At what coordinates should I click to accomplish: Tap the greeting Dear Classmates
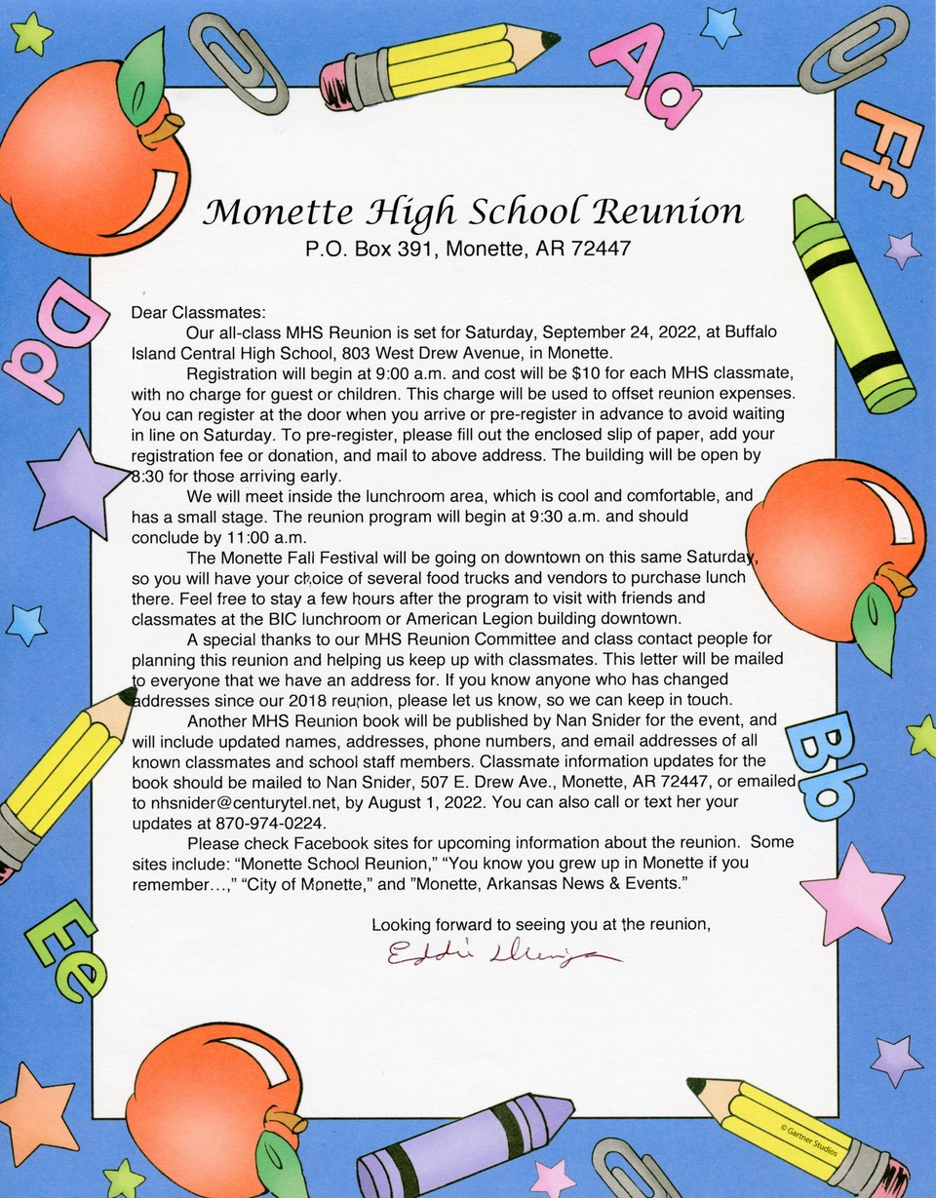pyautogui.click(x=198, y=313)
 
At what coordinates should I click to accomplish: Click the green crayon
pyautogui.click(x=850, y=301)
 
